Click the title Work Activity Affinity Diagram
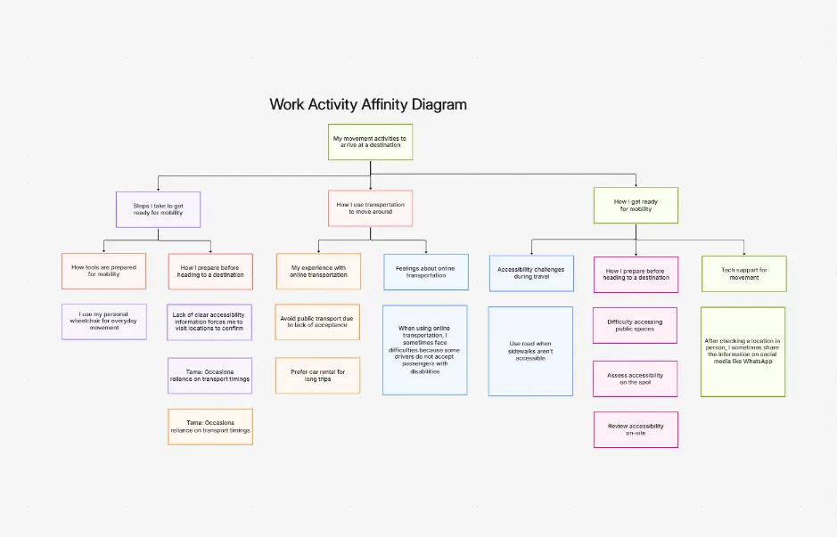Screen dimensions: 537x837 tap(368, 104)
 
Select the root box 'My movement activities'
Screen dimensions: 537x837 tap(370, 142)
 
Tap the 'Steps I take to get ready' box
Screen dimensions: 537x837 tap(159, 209)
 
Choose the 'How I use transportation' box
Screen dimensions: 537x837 tap(370, 208)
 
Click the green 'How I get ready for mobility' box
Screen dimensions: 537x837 tap(636, 205)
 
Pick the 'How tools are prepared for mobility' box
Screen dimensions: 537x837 tap(103, 271)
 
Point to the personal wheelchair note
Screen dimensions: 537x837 tap(103, 321)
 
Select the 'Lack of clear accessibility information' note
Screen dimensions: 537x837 tap(210, 321)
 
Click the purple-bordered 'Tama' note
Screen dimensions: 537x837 tap(210, 376)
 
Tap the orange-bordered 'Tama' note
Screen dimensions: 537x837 tap(210, 427)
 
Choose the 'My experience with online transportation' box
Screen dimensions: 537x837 tap(318, 271)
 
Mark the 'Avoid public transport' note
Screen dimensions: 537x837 tap(318, 321)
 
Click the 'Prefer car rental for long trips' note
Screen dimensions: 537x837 tap(318, 375)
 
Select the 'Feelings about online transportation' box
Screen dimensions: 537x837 tap(425, 272)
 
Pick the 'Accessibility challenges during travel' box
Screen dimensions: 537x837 tap(530, 273)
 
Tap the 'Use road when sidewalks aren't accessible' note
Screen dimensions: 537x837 tap(530, 351)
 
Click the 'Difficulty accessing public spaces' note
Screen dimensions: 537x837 tap(636, 325)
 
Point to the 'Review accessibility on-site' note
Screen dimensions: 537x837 tap(636, 429)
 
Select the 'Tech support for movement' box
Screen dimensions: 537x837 tap(743, 273)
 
